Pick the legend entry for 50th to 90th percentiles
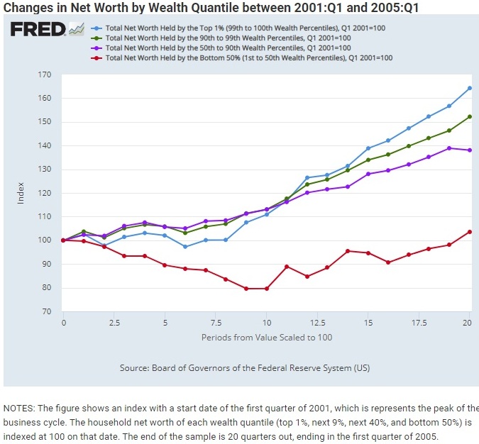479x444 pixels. tap(227, 48)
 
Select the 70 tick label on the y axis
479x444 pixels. tap(46, 311)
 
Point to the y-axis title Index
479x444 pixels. tap(21, 193)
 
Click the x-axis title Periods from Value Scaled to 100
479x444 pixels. tap(266, 337)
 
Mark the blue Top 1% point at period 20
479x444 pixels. tap(470, 88)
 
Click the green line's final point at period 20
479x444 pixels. tap(470, 116)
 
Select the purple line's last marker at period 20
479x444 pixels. tap(470, 150)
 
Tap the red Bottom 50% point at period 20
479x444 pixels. tap(470, 232)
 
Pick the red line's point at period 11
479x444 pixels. tap(287, 267)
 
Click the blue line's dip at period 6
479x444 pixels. tap(185, 247)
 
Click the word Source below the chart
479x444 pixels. tap(136, 368)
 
